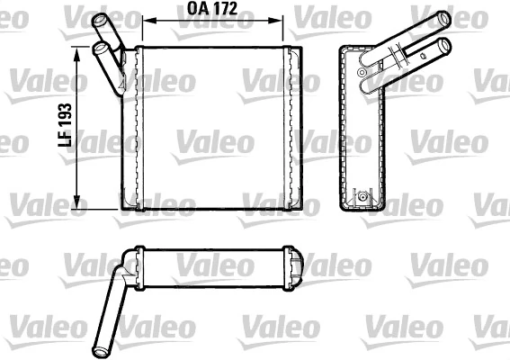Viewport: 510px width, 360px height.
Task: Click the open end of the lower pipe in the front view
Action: click(x=96, y=47)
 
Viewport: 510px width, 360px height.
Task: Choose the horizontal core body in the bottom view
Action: click(x=216, y=266)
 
